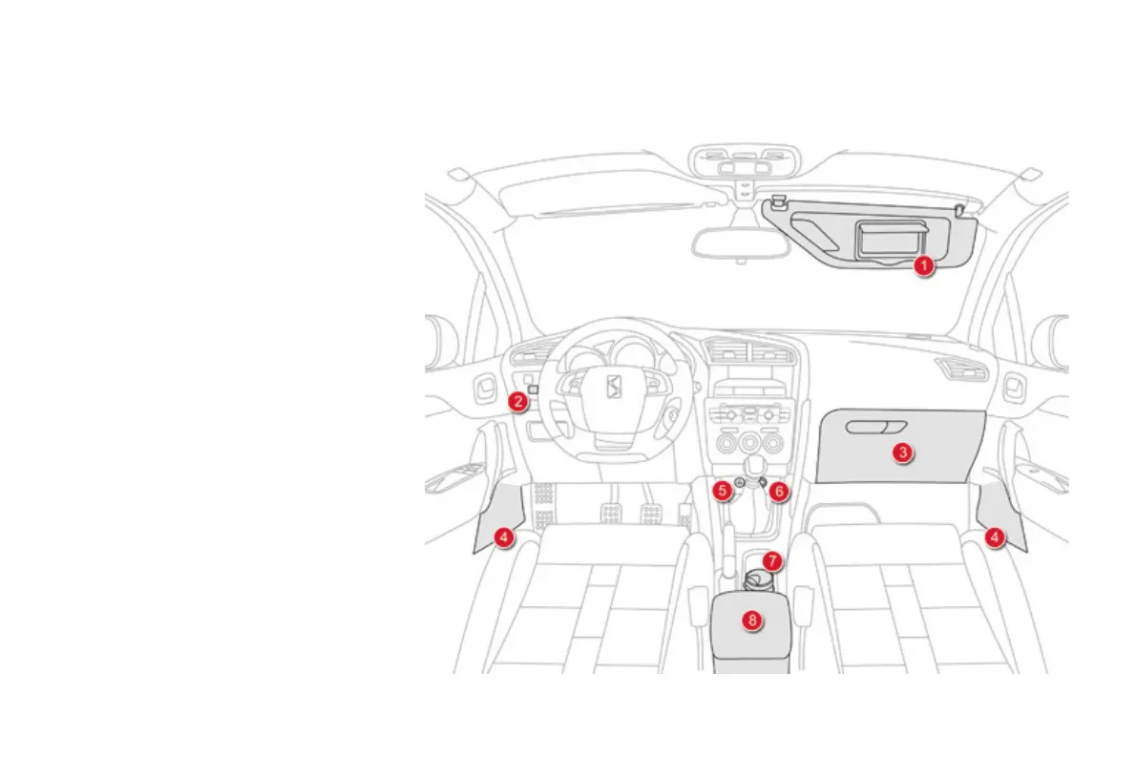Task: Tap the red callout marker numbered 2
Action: click(x=517, y=401)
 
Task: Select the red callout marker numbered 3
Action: click(x=903, y=453)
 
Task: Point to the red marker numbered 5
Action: click(x=723, y=491)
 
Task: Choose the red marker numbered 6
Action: click(x=779, y=491)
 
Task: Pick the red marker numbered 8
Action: click(x=752, y=620)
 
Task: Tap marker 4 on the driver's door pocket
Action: click(x=504, y=537)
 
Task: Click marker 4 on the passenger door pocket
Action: click(x=995, y=537)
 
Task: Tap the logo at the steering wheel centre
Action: click(x=616, y=388)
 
